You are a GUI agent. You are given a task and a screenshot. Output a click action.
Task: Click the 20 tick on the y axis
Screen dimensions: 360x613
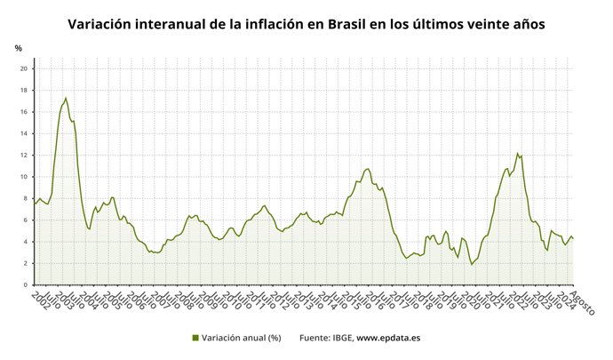coord(25,68)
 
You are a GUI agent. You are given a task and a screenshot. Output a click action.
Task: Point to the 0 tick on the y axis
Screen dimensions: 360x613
coord(27,284)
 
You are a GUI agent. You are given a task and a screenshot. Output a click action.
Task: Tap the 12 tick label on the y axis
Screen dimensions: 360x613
coord(25,155)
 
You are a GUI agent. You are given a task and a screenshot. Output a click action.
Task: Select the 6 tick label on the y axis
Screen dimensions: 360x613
coord(27,220)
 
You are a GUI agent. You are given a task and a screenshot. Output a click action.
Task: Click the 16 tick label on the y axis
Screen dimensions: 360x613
coord(25,112)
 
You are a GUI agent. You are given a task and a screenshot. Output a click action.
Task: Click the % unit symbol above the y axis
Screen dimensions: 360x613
coord(18,47)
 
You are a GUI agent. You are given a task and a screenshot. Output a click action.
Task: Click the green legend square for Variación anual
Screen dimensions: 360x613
coord(195,338)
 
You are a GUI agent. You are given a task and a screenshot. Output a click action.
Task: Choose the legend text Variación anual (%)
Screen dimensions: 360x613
coord(242,338)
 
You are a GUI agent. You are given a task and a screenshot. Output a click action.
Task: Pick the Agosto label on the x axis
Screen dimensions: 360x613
coord(582,303)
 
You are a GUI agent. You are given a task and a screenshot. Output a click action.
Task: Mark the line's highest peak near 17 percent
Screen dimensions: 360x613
coord(66,98)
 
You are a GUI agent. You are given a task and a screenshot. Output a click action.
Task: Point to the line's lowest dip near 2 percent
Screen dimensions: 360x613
coord(472,264)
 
